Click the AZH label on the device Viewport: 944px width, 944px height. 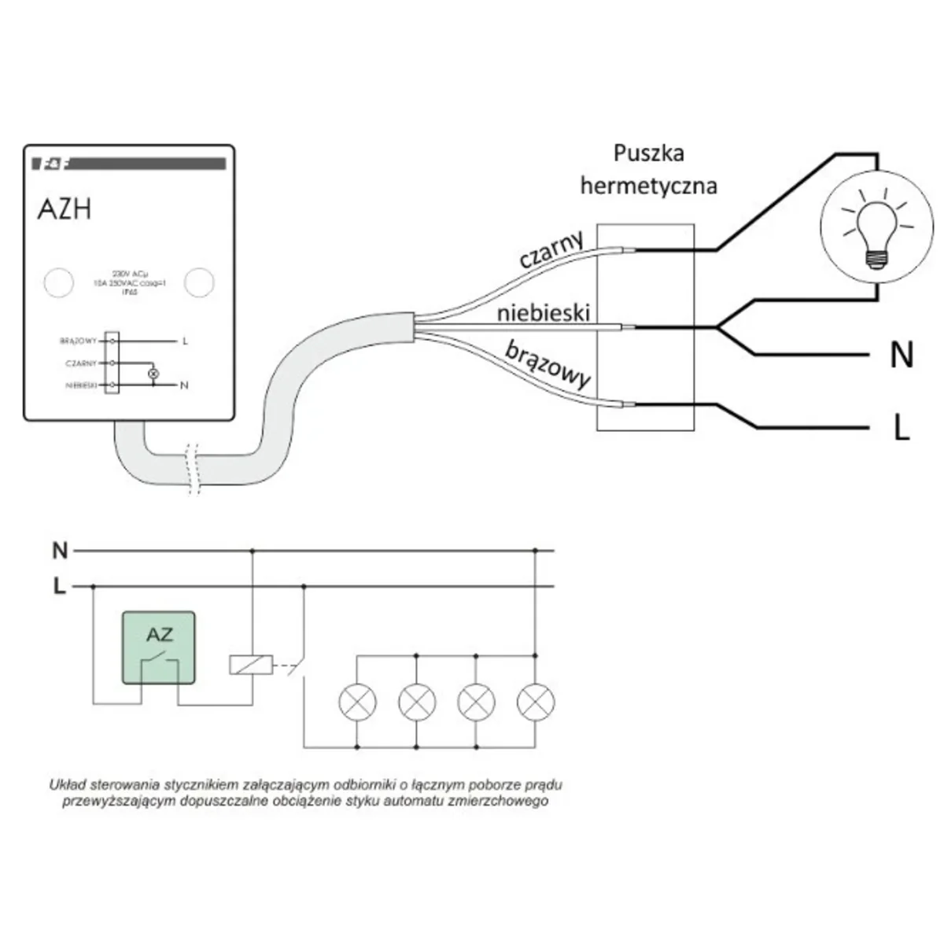click(65, 209)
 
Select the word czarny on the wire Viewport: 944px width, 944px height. click(551, 251)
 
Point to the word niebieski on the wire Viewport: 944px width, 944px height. click(543, 314)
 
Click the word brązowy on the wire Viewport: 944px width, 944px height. click(548, 364)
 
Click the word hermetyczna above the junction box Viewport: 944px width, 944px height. click(649, 186)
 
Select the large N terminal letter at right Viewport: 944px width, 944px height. click(901, 356)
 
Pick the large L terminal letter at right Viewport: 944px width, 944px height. click(902, 427)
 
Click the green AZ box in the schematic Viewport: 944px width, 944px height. click(159, 647)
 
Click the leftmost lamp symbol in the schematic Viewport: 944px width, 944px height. click(357, 700)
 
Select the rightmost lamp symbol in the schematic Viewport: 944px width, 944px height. click(537, 700)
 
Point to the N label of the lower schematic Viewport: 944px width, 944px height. click(61, 551)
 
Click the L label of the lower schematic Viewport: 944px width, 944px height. click(59, 586)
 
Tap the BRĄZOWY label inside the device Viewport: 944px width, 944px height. click(78, 341)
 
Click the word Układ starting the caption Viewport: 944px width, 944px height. click(68, 784)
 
